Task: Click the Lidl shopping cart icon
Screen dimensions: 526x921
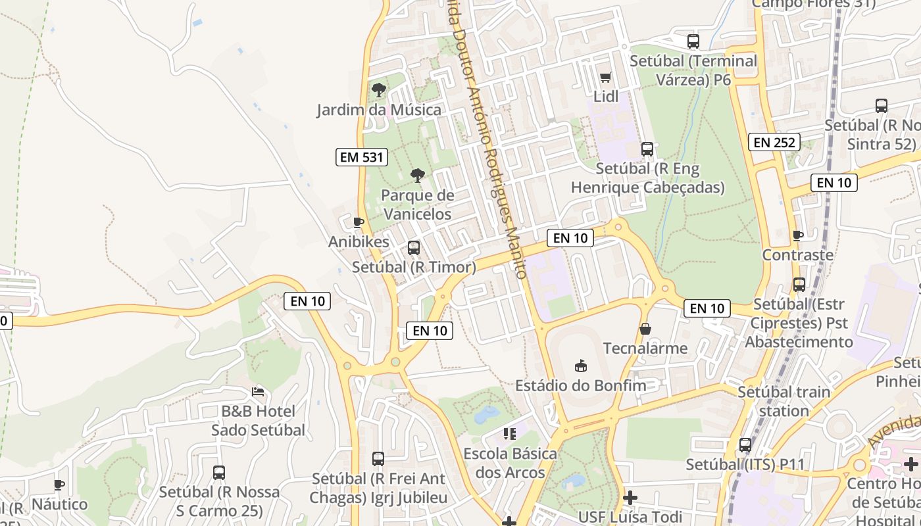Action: click(x=606, y=77)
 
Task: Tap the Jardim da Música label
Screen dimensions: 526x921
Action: click(x=379, y=109)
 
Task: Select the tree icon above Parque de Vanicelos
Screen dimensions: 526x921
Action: click(x=417, y=175)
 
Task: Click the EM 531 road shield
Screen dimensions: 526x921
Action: click(x=362, y=157)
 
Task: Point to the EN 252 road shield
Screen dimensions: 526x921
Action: click(x=775, y=142)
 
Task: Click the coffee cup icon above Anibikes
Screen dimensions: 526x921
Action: click(x=359, y=222)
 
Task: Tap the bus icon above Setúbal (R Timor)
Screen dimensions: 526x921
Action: click(x=414, y=248)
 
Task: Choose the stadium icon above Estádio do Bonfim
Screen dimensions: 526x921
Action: click(x=580, y=365)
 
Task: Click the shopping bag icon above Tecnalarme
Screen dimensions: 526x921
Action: click(x=645, y=328)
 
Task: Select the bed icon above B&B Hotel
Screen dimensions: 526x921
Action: click(x=258, y=392)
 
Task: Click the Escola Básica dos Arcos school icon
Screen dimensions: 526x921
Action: click(x=510, y=433)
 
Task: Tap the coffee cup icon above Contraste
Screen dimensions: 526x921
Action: click(x=798, y=235)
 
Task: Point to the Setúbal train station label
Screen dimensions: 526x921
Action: click(x=784, y=401)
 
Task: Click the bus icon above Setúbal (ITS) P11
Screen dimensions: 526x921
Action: click(x=745, y=445)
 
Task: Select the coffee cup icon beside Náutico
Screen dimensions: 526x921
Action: click(x=59, y=485)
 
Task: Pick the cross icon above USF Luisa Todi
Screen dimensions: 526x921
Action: click(x=630, y=497)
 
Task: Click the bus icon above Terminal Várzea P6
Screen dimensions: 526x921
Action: click(x=693, y=41)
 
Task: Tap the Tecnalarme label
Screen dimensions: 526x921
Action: click(x=645, y=348)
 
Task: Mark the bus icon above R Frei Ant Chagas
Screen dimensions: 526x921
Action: click(x=378, y=459)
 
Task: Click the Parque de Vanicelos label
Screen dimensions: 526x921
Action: click(x=417, y=204)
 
